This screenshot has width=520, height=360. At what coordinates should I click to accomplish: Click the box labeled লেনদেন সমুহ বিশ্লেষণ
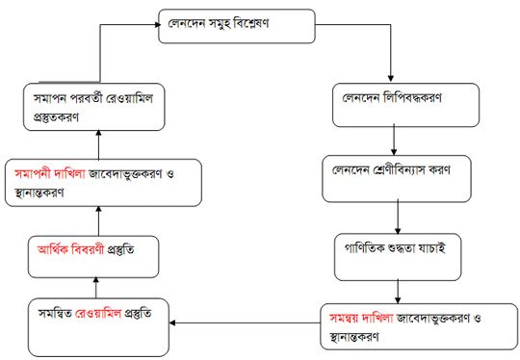[236, 26]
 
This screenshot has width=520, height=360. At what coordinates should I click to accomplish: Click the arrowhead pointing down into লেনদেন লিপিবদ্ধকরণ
[390, 79]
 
